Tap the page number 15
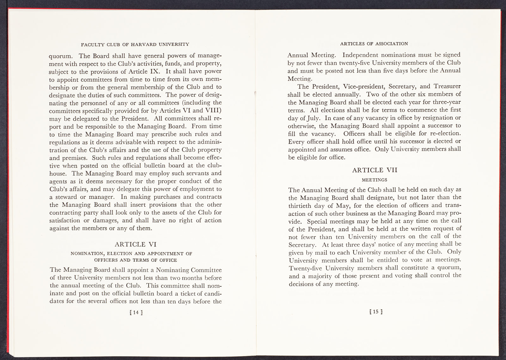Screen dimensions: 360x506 (x=375, y=311)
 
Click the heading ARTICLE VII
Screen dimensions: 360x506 (x=375, y=170)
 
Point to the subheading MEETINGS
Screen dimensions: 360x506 (x=375, y=180)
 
